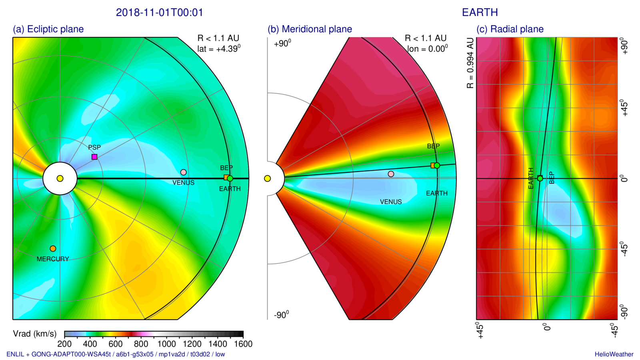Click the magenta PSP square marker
pos(94,157)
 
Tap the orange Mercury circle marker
pos(53,249)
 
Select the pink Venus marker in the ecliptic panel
pos(184,172)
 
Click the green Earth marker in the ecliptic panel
pos(230,178)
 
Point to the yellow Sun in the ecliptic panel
pos(60,178)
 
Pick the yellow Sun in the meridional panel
pos(268,178)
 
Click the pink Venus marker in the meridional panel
pos(391,174)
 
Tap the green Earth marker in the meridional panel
pos(437,166)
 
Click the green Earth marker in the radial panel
pos(540,178)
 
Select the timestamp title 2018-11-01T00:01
pos(160,13)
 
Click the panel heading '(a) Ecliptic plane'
pos(48,29)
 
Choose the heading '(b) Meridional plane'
pos(310,29)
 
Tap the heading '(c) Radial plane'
pos(510,29)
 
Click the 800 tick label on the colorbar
pos(141,344)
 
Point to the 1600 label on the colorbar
pos(243,344)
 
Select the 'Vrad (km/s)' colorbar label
pos(35,334)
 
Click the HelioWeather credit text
pos(614,354)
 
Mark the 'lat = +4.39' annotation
pos(218,49)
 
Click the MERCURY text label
pos(53,259)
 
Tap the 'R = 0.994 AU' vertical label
pos(470,63)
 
